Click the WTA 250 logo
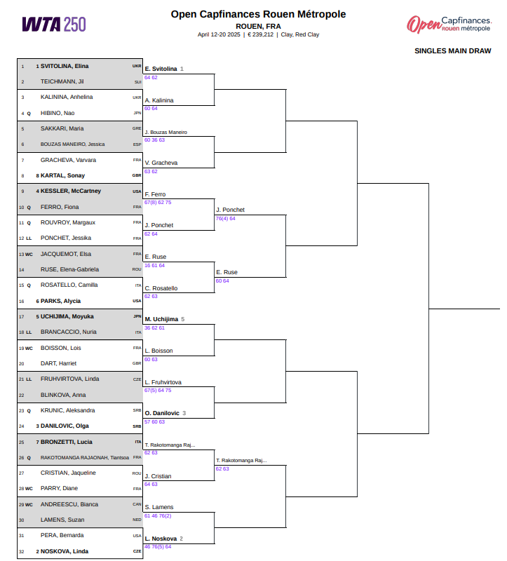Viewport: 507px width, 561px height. pyautogui.click(x=54, y=25)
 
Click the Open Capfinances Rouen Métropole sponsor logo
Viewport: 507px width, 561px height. pyautogui.click(x=449, y=25)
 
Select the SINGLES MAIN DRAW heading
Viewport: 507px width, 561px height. pyautogui.click(x=452, y=50)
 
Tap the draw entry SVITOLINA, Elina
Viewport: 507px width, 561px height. pyautogui.click(x=65, y=66)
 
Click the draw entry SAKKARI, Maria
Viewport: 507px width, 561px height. pyautogui.click(x=62, y=128)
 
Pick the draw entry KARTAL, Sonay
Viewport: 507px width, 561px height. pyautogui.click(x=62, y=175)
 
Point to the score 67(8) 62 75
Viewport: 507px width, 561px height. pyautogui.click(x=158, y=202)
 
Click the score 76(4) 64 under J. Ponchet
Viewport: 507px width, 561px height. pyautogui.click(x=225, y=218)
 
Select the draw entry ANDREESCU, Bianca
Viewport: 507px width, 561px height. pyautogui.click(x=69, y=504)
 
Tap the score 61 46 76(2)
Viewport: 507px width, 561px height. pyautogui.click(x=158, y=515)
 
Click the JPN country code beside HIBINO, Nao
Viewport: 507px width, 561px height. pyautogui.click(x=137, y=113)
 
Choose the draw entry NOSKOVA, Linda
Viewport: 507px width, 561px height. pyautogui.click(x=65, y=551)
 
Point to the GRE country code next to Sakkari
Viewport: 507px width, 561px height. pyautogui.click(x=137, y=128)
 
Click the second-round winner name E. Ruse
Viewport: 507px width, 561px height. pyautogui.click(x=227, y=272)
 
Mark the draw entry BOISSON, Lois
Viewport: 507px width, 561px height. pyautogui.click(x=61, y=348)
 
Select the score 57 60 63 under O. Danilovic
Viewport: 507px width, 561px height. pyautogui.click(x=154, y=422)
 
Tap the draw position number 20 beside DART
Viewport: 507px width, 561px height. pyautogui.click(x=22, y=364)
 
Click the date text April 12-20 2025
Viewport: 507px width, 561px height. pyautogui.click(x=219, y=34)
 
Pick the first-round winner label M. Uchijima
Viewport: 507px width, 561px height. pyautogui.click(x=161, y=319)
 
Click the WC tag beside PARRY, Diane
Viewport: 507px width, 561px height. pyautogui.click(x=29, y=489)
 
